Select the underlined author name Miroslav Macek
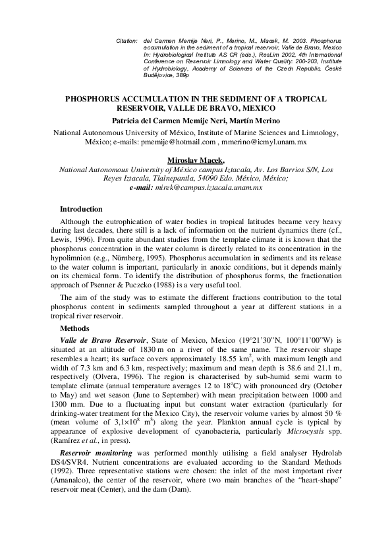click(x=196, y=160)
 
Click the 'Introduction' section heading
click(x=81, y=209)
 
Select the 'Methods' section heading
click(x=75, y=328)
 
